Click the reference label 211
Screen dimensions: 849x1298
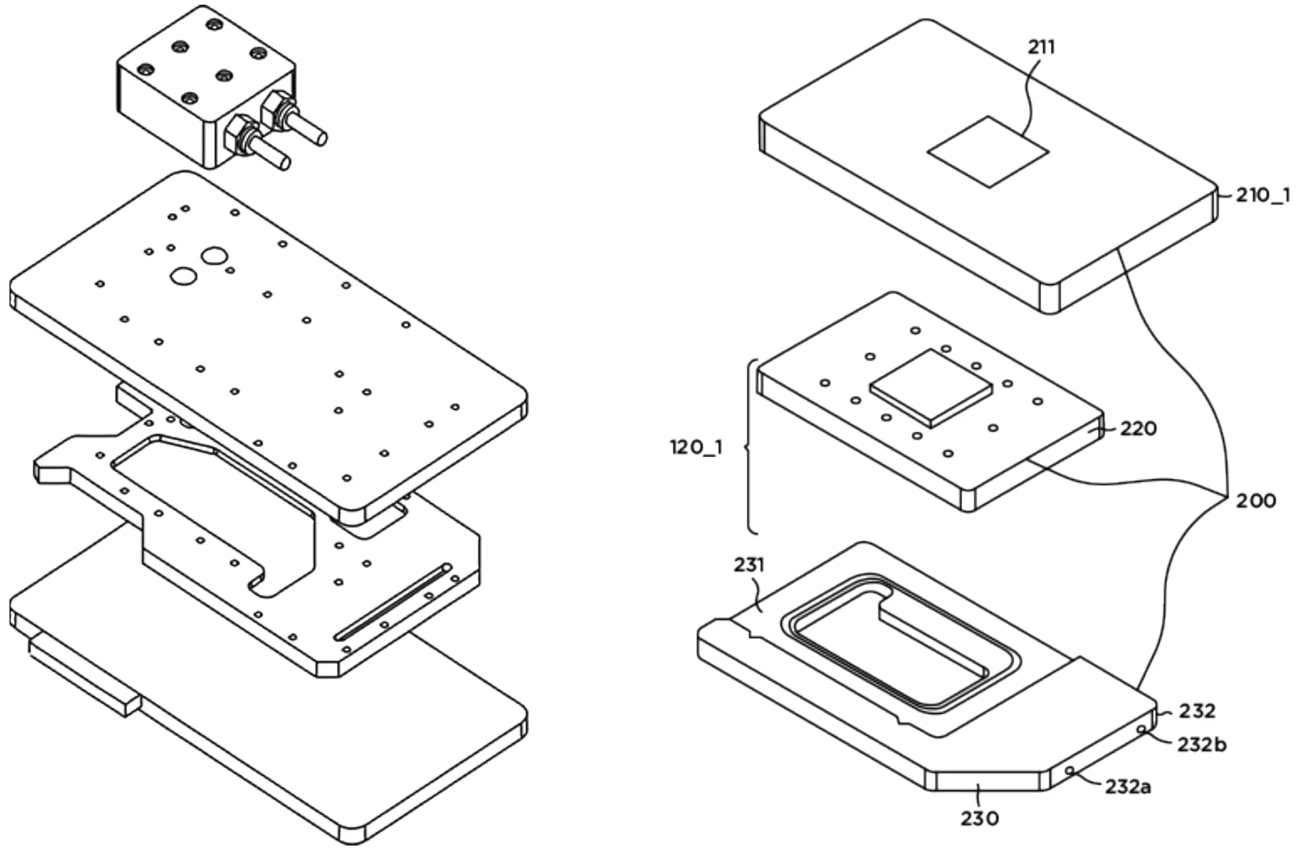point(1041,47)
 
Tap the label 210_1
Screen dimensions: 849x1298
point(1262,196)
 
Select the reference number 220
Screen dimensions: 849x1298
point(1138,429)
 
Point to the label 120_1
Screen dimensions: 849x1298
point(696,447)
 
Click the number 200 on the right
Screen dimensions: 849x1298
point(1256,501)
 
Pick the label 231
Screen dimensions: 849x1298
point(749,565)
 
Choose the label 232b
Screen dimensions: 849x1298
point(1202,745)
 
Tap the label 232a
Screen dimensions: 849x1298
point(1128,787)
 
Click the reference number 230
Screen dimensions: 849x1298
point(980,819)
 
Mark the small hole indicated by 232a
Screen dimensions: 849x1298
point(1069,770)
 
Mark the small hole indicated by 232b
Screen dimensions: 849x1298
point(1141,729)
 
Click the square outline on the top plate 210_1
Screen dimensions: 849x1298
point(988,151)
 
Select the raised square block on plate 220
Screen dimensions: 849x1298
point(932,387)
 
